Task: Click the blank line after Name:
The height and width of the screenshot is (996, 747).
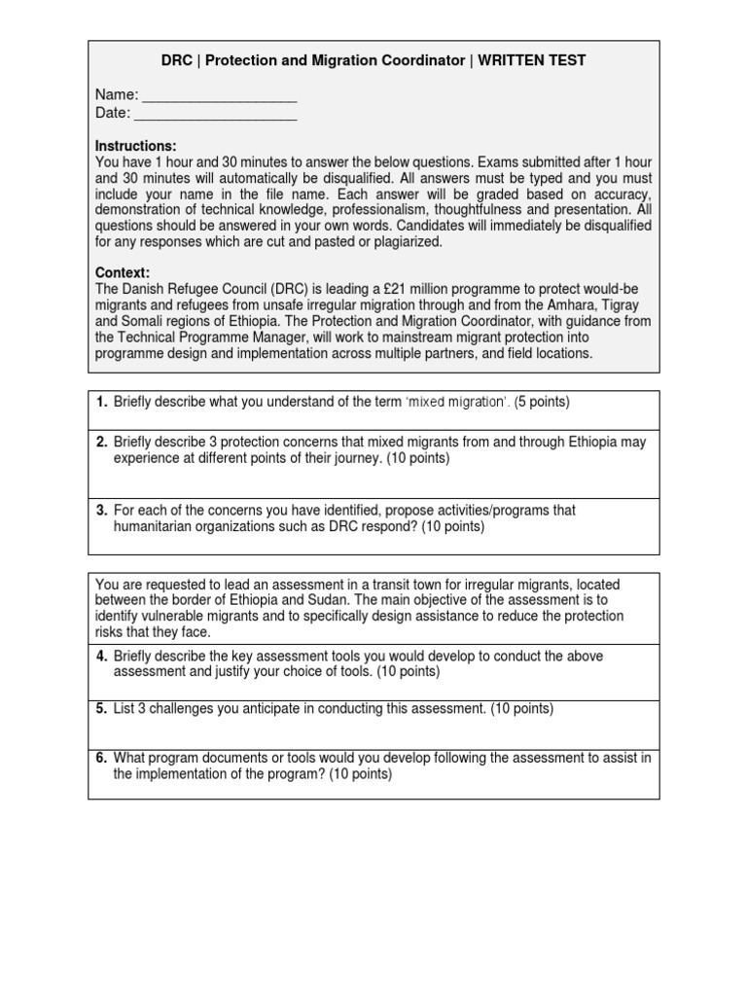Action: click(x=219, y=95)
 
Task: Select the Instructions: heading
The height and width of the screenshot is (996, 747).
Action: click(x=136, y=146)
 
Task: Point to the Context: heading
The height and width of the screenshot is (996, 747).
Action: click(x=123, y=273)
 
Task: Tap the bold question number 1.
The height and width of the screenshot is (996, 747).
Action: click(x=101, y=402)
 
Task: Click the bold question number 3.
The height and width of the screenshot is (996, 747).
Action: click(x=101, y=510)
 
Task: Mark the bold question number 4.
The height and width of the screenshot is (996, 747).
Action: click(x=101, y=657)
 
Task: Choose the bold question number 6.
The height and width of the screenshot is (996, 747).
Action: click(x=101, y=758)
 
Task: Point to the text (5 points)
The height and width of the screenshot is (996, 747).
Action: click(x=542, y=402)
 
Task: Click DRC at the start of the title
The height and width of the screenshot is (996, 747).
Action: click(x=177, y=60)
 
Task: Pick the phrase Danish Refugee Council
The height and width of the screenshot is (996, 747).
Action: click(x=195, y=290)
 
